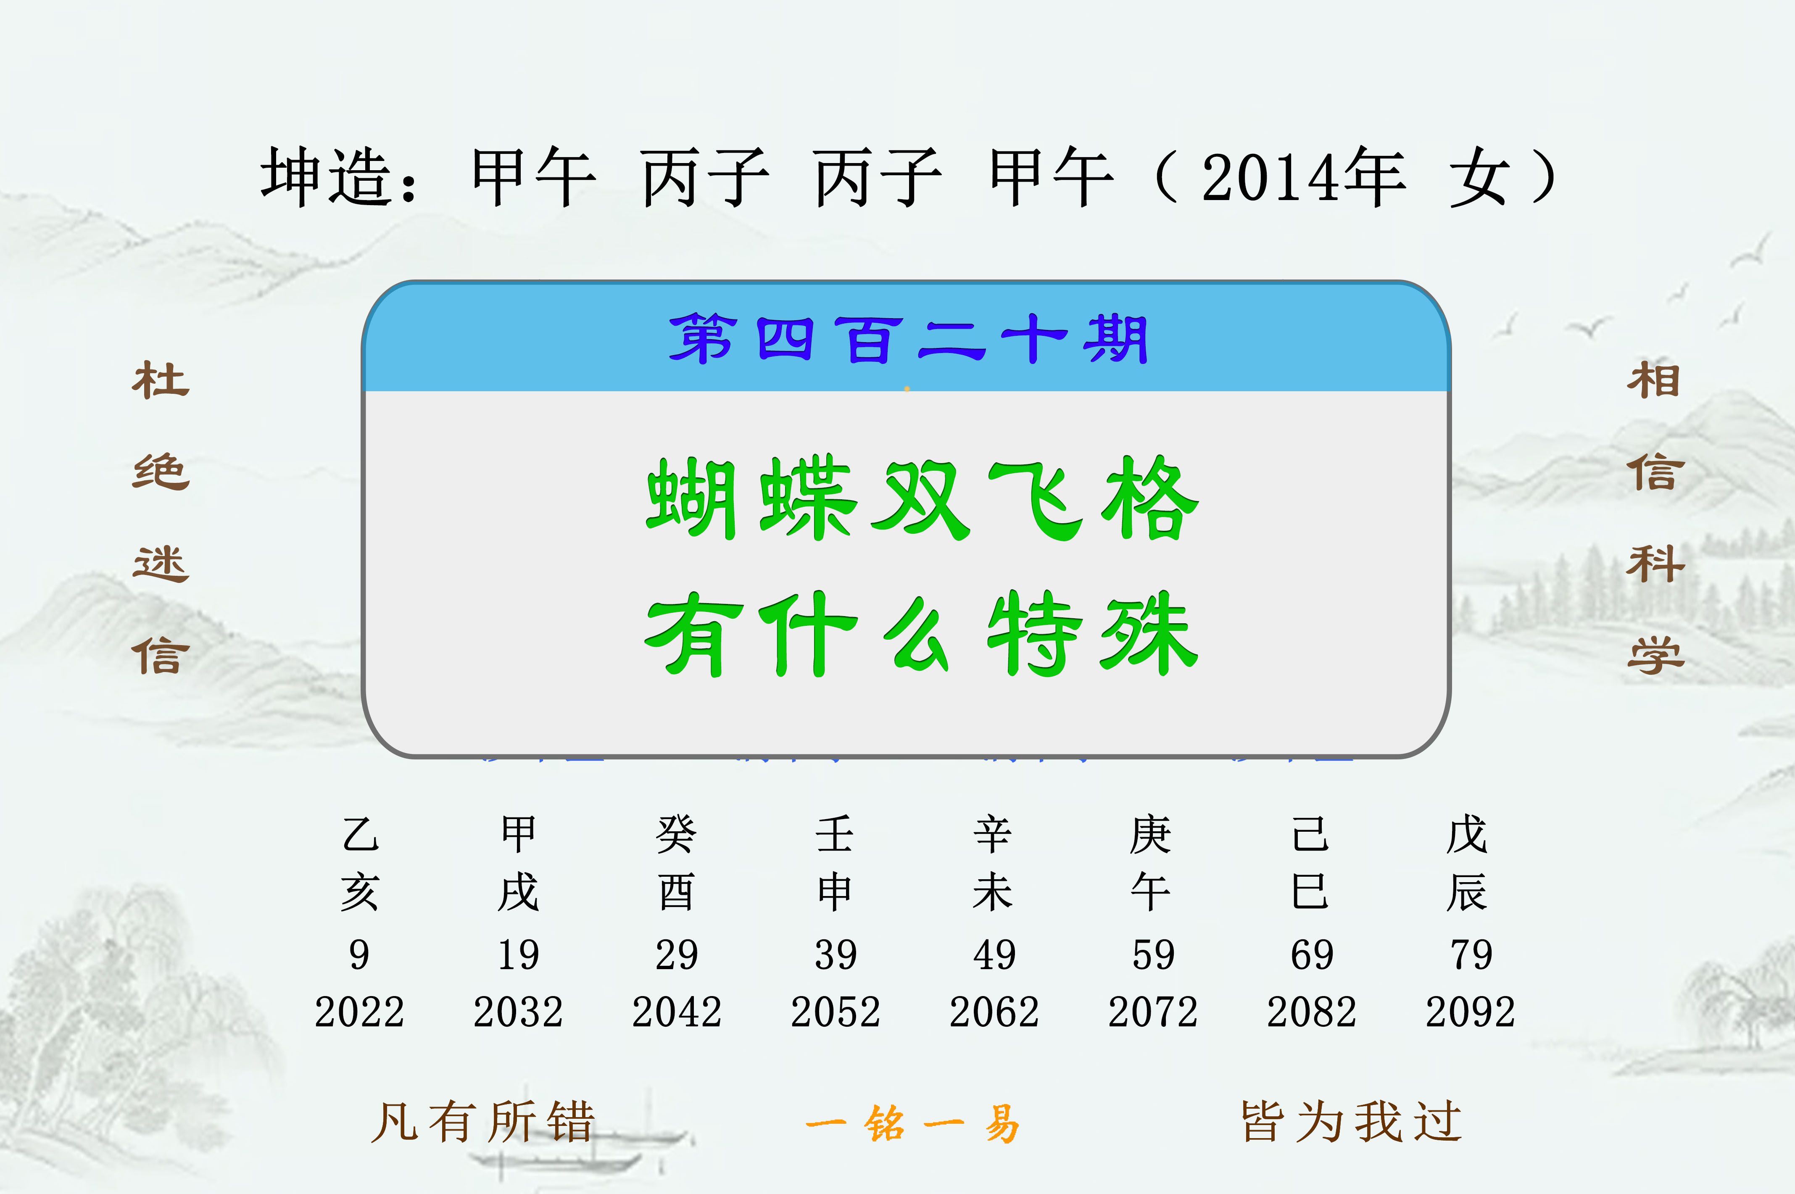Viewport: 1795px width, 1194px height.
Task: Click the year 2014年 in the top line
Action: [1303, 177]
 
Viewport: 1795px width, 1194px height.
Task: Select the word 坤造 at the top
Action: [327, 177]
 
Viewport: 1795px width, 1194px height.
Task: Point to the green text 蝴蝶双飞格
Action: [922, 499]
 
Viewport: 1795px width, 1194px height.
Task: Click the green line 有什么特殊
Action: [922, 633]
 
